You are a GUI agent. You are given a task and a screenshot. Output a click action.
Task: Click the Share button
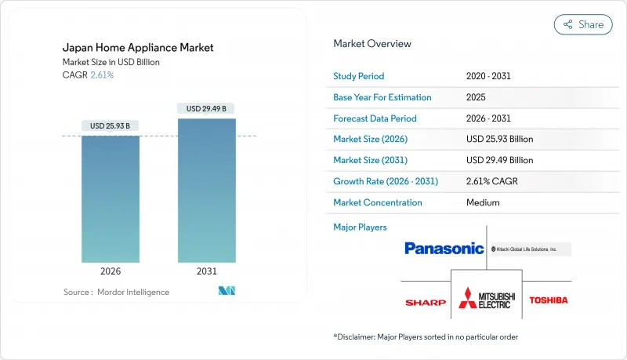point(583,24)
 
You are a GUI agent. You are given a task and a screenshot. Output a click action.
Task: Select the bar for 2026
point(111,199)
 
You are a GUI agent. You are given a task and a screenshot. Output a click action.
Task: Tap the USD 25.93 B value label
point(111,126)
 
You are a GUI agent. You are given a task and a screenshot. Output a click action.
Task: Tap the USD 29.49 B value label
point(207,108)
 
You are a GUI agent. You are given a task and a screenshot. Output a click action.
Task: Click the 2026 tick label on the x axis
point(111,271)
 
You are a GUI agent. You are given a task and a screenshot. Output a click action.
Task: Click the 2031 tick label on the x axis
point(206,271)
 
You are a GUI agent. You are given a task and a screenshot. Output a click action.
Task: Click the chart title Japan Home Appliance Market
point(137,48)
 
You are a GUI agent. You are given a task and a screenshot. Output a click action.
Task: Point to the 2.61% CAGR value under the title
point(102,75)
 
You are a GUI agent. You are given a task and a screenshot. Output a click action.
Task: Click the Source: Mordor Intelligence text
point(116,292)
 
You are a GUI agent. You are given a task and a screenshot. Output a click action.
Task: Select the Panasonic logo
point(444,249)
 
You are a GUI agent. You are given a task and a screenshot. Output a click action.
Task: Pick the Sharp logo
point(426,302)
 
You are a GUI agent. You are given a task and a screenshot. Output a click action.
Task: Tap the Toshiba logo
point(549,300)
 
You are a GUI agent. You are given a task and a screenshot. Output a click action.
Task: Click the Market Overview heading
point(371,44)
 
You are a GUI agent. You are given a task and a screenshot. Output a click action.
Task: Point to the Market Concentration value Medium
point(484,202)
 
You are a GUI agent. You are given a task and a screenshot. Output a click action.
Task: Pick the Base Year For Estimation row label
point(382,97)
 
